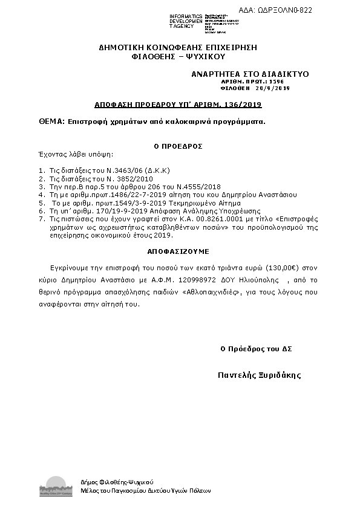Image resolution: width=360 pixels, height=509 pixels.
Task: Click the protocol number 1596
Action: pos(275,81)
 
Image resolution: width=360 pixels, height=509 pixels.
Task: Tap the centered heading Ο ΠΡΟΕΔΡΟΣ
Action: pos(177,146)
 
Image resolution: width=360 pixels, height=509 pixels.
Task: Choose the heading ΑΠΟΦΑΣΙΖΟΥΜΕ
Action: pos(177,250)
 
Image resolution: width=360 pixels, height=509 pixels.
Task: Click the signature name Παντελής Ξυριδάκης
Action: pos(259,375)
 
